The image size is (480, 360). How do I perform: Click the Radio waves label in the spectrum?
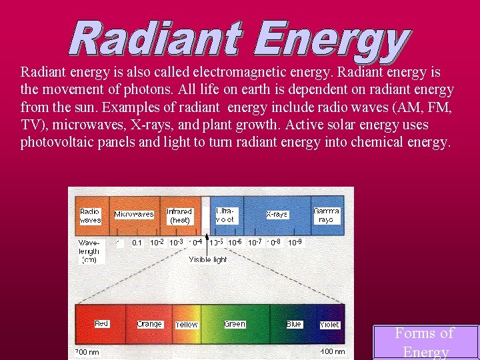(x=91, y=215)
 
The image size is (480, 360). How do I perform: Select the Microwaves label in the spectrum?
(x=134, y=215)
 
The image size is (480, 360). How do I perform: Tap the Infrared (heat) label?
(x=180, y=215)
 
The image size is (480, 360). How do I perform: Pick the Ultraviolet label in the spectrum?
(x=225, y=214)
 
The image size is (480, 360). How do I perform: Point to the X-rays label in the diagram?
(x=277, y=215)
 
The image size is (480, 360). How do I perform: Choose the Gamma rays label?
(x=327, y=215)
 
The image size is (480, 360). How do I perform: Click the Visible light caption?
(x=208, y=259)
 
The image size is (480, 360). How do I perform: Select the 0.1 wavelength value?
(x=137, y=243)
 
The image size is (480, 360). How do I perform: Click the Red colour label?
(x=101, y=323)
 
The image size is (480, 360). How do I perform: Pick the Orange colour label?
(x=149, y=324)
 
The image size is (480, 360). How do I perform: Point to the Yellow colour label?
(x=187, y=325)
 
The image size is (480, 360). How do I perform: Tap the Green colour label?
(x=235, y=324)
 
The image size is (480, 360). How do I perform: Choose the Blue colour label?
(x=294, y=324)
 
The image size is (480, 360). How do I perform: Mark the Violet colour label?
(x=329, y=325)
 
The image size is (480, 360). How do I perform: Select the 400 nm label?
(x=333, y=351)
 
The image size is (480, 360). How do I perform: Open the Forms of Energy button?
(x=425, y=342)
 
